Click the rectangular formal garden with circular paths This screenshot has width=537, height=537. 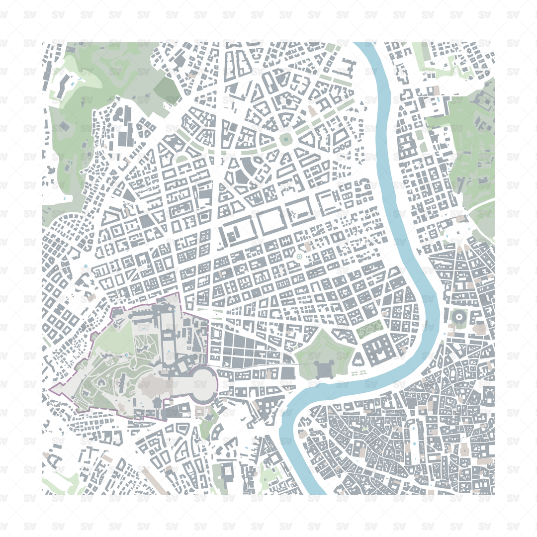click(x=370, y=329)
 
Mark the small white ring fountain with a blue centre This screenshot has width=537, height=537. click(x=299, y=256)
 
